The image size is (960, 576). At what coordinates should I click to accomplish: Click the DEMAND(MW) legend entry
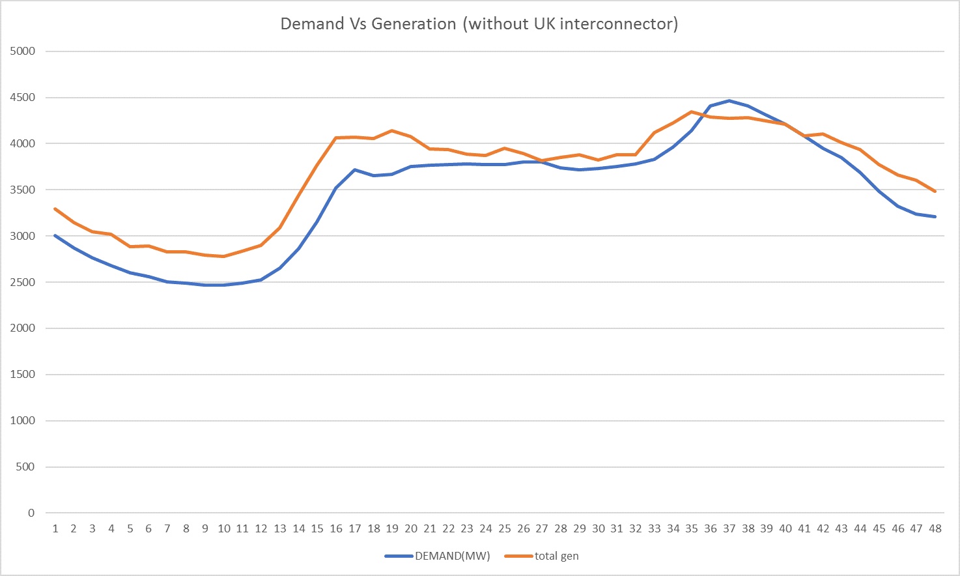(452, 556)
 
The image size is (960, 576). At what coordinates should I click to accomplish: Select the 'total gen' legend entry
(556, 556)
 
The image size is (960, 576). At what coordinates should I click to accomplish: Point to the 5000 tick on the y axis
(23, 51)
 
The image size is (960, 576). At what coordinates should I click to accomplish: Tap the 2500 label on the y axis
(23, 282)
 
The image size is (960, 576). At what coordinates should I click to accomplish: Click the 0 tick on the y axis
(31, 513)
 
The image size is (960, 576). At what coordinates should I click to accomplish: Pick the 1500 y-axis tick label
(23, 375)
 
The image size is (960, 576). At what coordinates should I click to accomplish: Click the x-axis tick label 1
(55, 528)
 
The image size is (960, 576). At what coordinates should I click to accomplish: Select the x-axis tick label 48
(935, 528)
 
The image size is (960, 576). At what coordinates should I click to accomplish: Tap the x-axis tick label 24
(486, 528)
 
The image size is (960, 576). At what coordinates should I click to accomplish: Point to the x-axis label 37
(729, 528)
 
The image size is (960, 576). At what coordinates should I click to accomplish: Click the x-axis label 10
(224, 528)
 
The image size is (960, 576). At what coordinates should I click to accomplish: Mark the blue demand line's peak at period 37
(729, 101)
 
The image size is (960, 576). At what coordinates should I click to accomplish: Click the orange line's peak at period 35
(692, 111)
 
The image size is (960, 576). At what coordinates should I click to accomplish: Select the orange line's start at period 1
(55, 209)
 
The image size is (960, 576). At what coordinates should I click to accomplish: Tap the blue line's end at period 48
(935, 216)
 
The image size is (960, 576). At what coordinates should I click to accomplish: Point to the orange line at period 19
(392, 130)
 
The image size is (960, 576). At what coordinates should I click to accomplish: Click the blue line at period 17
(355, 169)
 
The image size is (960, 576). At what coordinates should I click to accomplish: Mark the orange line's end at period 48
(935, 191)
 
